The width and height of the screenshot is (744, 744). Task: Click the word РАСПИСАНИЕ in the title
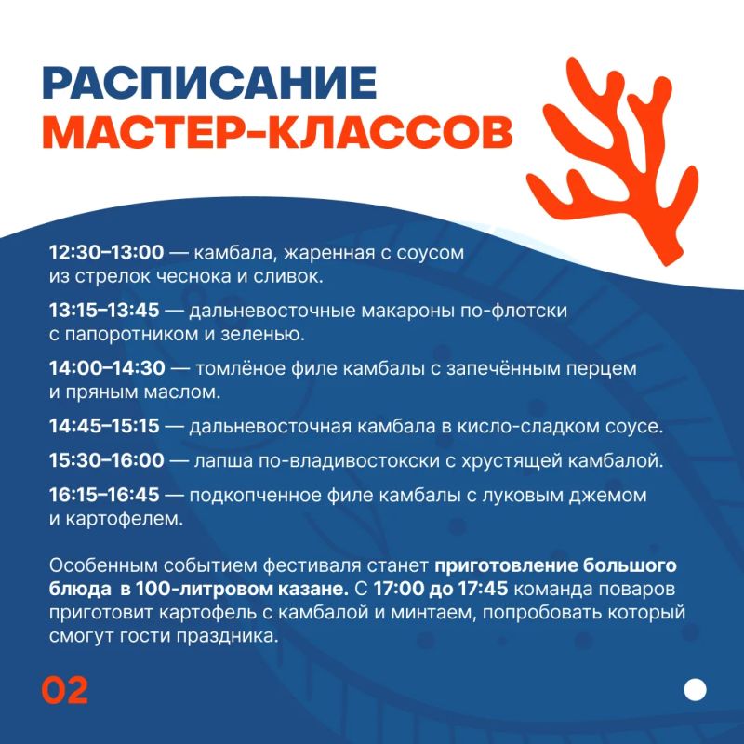(x=209, y=83)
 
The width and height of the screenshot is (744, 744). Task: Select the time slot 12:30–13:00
(x=107, y=252)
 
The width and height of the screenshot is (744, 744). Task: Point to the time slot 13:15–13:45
(x=104, y=311)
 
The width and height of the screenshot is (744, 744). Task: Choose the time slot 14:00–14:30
(x=107, y=368)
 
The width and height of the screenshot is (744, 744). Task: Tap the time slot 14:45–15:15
(x=104, y=426)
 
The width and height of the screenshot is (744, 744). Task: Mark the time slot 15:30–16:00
(x=107, y=460)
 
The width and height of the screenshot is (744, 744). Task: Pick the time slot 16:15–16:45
(x=104, y=496)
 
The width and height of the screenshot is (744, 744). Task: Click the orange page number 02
(x=65, y=690)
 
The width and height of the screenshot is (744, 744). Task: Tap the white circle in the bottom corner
(x=695, y=690)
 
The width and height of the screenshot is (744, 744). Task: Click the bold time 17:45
(x=483, y=590)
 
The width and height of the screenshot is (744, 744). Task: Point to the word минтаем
(x=432, y=613)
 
